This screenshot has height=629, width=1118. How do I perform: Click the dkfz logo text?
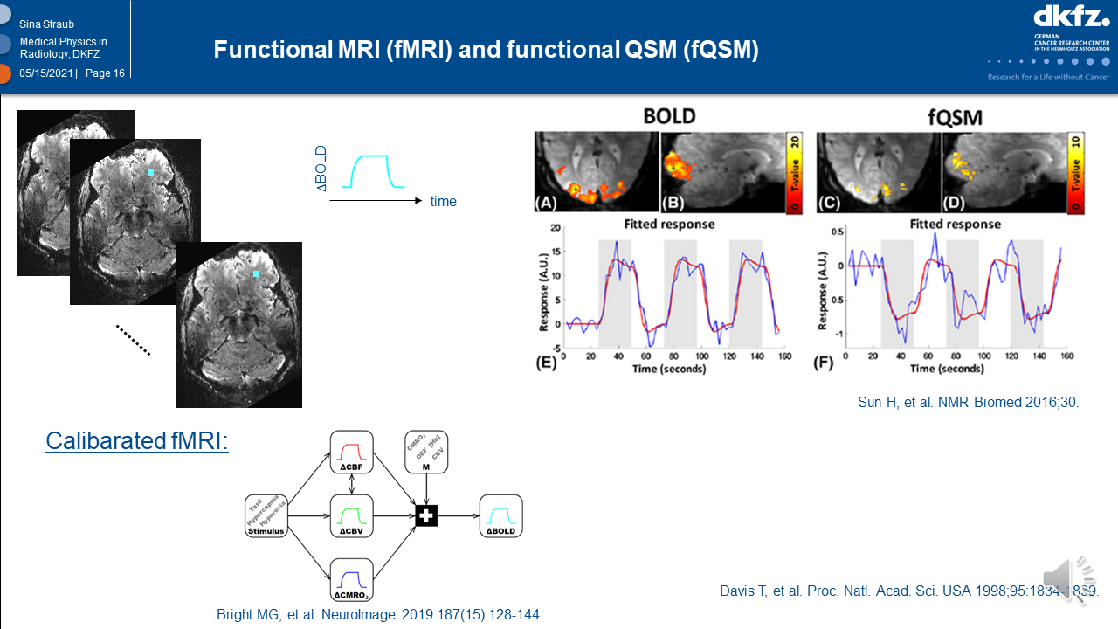tap(1071, 17)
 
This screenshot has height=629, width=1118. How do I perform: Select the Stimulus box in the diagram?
tap(266, 516)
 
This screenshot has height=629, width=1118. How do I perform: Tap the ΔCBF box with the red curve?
tap(352, 452)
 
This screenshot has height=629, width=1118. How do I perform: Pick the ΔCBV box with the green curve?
tap(352, 515)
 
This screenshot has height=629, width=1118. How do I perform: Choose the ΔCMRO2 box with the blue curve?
tap(352, 580)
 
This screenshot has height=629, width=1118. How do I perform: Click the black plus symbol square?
tap(425, 515)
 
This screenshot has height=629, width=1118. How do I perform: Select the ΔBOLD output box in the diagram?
tap(500, 515)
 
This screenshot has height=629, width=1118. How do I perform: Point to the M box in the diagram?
tap(426, 452)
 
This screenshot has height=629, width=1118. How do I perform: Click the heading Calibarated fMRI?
tap(137, 441)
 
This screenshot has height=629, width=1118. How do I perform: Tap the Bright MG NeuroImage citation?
tap(380, 614)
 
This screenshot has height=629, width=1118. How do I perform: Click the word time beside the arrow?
tap(443, 202)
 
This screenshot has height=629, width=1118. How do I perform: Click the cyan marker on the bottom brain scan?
tap(255, 273)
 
